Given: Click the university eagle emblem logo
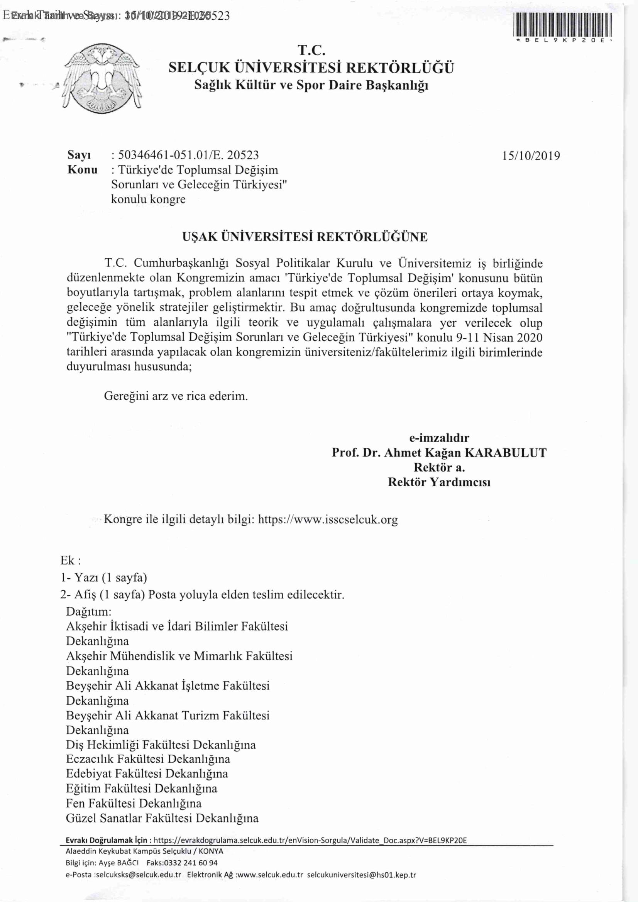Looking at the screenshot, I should coord(102,79).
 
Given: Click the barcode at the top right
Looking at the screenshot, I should coord(563,24).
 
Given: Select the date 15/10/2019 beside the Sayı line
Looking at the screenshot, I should coord(531,156).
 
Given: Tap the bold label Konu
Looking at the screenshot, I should coord(83,170).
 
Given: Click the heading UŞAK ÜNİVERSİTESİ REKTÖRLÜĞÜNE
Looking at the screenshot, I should coord(305,237).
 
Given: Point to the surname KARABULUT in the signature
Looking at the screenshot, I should coord(506,453).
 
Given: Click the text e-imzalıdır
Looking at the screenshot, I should coord(439,438).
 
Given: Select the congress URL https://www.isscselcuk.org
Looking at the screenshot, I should coord(328,520).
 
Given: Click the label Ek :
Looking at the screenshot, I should coord(71,560).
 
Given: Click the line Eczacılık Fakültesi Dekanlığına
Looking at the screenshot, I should coord(148,758).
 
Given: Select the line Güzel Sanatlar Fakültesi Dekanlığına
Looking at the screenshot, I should coord(162,818).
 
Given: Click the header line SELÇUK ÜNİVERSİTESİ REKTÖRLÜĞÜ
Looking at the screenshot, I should coord(311,68).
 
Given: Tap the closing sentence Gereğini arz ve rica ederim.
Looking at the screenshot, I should coord(176,396).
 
